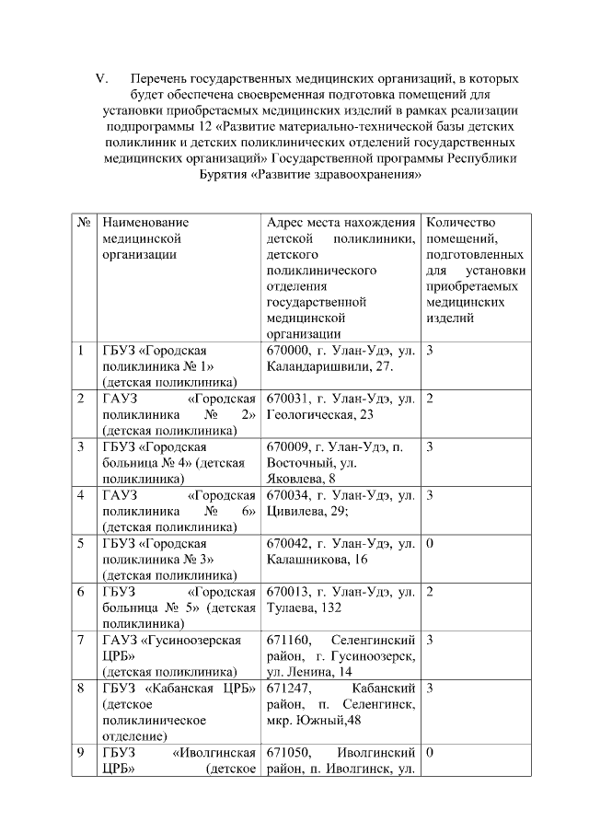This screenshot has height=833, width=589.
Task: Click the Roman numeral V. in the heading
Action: coord(103,78)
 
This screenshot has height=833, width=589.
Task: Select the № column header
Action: coord(83,222)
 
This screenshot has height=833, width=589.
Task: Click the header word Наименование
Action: coord(145,222)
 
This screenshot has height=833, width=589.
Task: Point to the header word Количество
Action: coord(461,222)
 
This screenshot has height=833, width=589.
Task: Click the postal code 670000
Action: coord(287,351)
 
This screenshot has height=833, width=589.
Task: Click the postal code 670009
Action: coord(287,446)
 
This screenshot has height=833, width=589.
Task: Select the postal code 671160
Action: coord(287,639)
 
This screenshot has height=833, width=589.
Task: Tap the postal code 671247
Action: coord(287,687)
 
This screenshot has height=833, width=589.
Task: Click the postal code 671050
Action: coord(287,752)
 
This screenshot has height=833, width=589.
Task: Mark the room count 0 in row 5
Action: coord(430,543)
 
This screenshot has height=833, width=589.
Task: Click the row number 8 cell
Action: coord(81,687)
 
